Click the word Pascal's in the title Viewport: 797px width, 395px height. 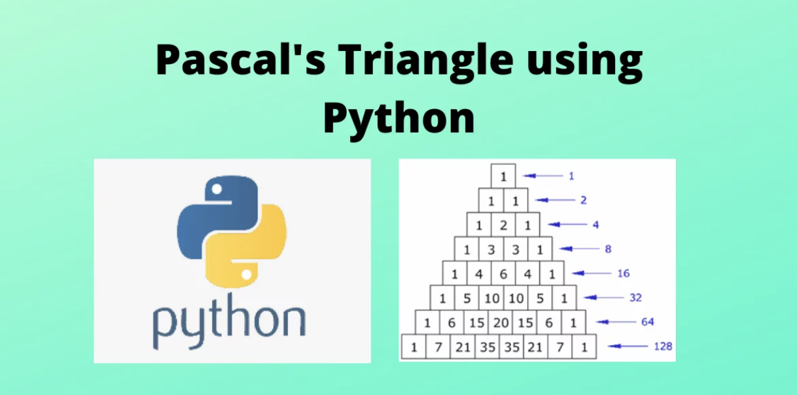point(241,59)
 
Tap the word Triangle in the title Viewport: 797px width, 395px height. point(425,62)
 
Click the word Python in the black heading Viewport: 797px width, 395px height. point(399,117)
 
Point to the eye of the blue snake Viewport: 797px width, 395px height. point(217,189)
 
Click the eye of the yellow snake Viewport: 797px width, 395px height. point(246,274)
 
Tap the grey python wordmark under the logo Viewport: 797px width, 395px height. point(229,321)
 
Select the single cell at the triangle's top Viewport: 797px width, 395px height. point(503,176)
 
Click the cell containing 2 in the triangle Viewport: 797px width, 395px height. point(503,225)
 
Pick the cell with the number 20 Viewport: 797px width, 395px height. point(501,322)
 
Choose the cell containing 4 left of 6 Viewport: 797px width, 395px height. point(479,273)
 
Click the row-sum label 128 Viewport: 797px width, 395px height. point(663,347)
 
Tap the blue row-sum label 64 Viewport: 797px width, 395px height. point(647,322)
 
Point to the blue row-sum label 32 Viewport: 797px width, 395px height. point(635,298)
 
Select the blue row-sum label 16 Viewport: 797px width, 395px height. point(624,273)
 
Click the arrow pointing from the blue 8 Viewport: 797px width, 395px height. point(579,249)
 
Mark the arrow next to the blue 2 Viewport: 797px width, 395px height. point(555,200)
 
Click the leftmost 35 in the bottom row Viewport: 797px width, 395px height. point(487,347)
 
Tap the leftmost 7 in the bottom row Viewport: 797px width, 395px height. point(438,347)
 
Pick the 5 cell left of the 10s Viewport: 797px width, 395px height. point(467,298)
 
